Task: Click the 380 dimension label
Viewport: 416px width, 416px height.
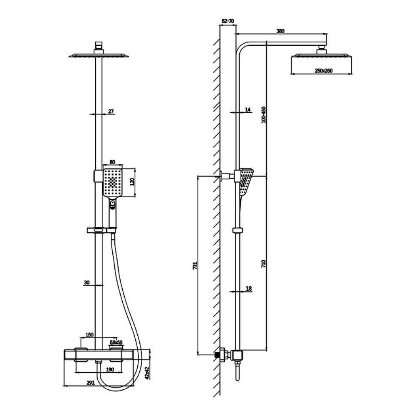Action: pos(280,31)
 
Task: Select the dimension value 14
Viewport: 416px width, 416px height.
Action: pos(248,109)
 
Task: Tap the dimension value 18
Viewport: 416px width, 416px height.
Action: pos(249,288)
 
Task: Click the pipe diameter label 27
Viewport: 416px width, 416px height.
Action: pos(111,111)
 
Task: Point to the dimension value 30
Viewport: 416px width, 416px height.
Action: pos(87,282)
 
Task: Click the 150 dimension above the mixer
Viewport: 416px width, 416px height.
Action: pos(89,334)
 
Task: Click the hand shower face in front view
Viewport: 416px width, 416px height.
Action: pos(112,182)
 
